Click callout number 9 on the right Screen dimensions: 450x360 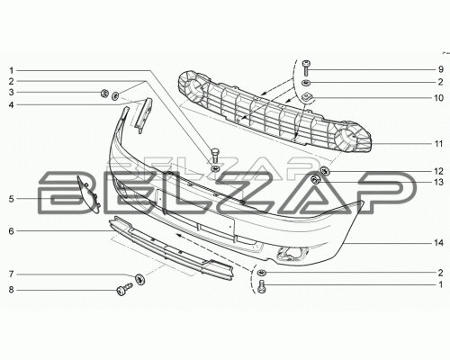coord(440,69)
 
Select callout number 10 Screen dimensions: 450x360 coord(438,98)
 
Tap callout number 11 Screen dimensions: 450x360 coord(438,144)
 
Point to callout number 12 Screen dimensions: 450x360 coord(438,171)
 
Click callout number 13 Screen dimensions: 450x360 coord(438,182)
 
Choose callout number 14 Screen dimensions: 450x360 coord(438,242)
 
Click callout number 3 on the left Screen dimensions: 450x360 coord(11,92)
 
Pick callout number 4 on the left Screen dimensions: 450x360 coord(11,104)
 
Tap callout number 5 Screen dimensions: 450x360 coord(11,199)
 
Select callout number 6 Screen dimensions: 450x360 coord(11,231)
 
